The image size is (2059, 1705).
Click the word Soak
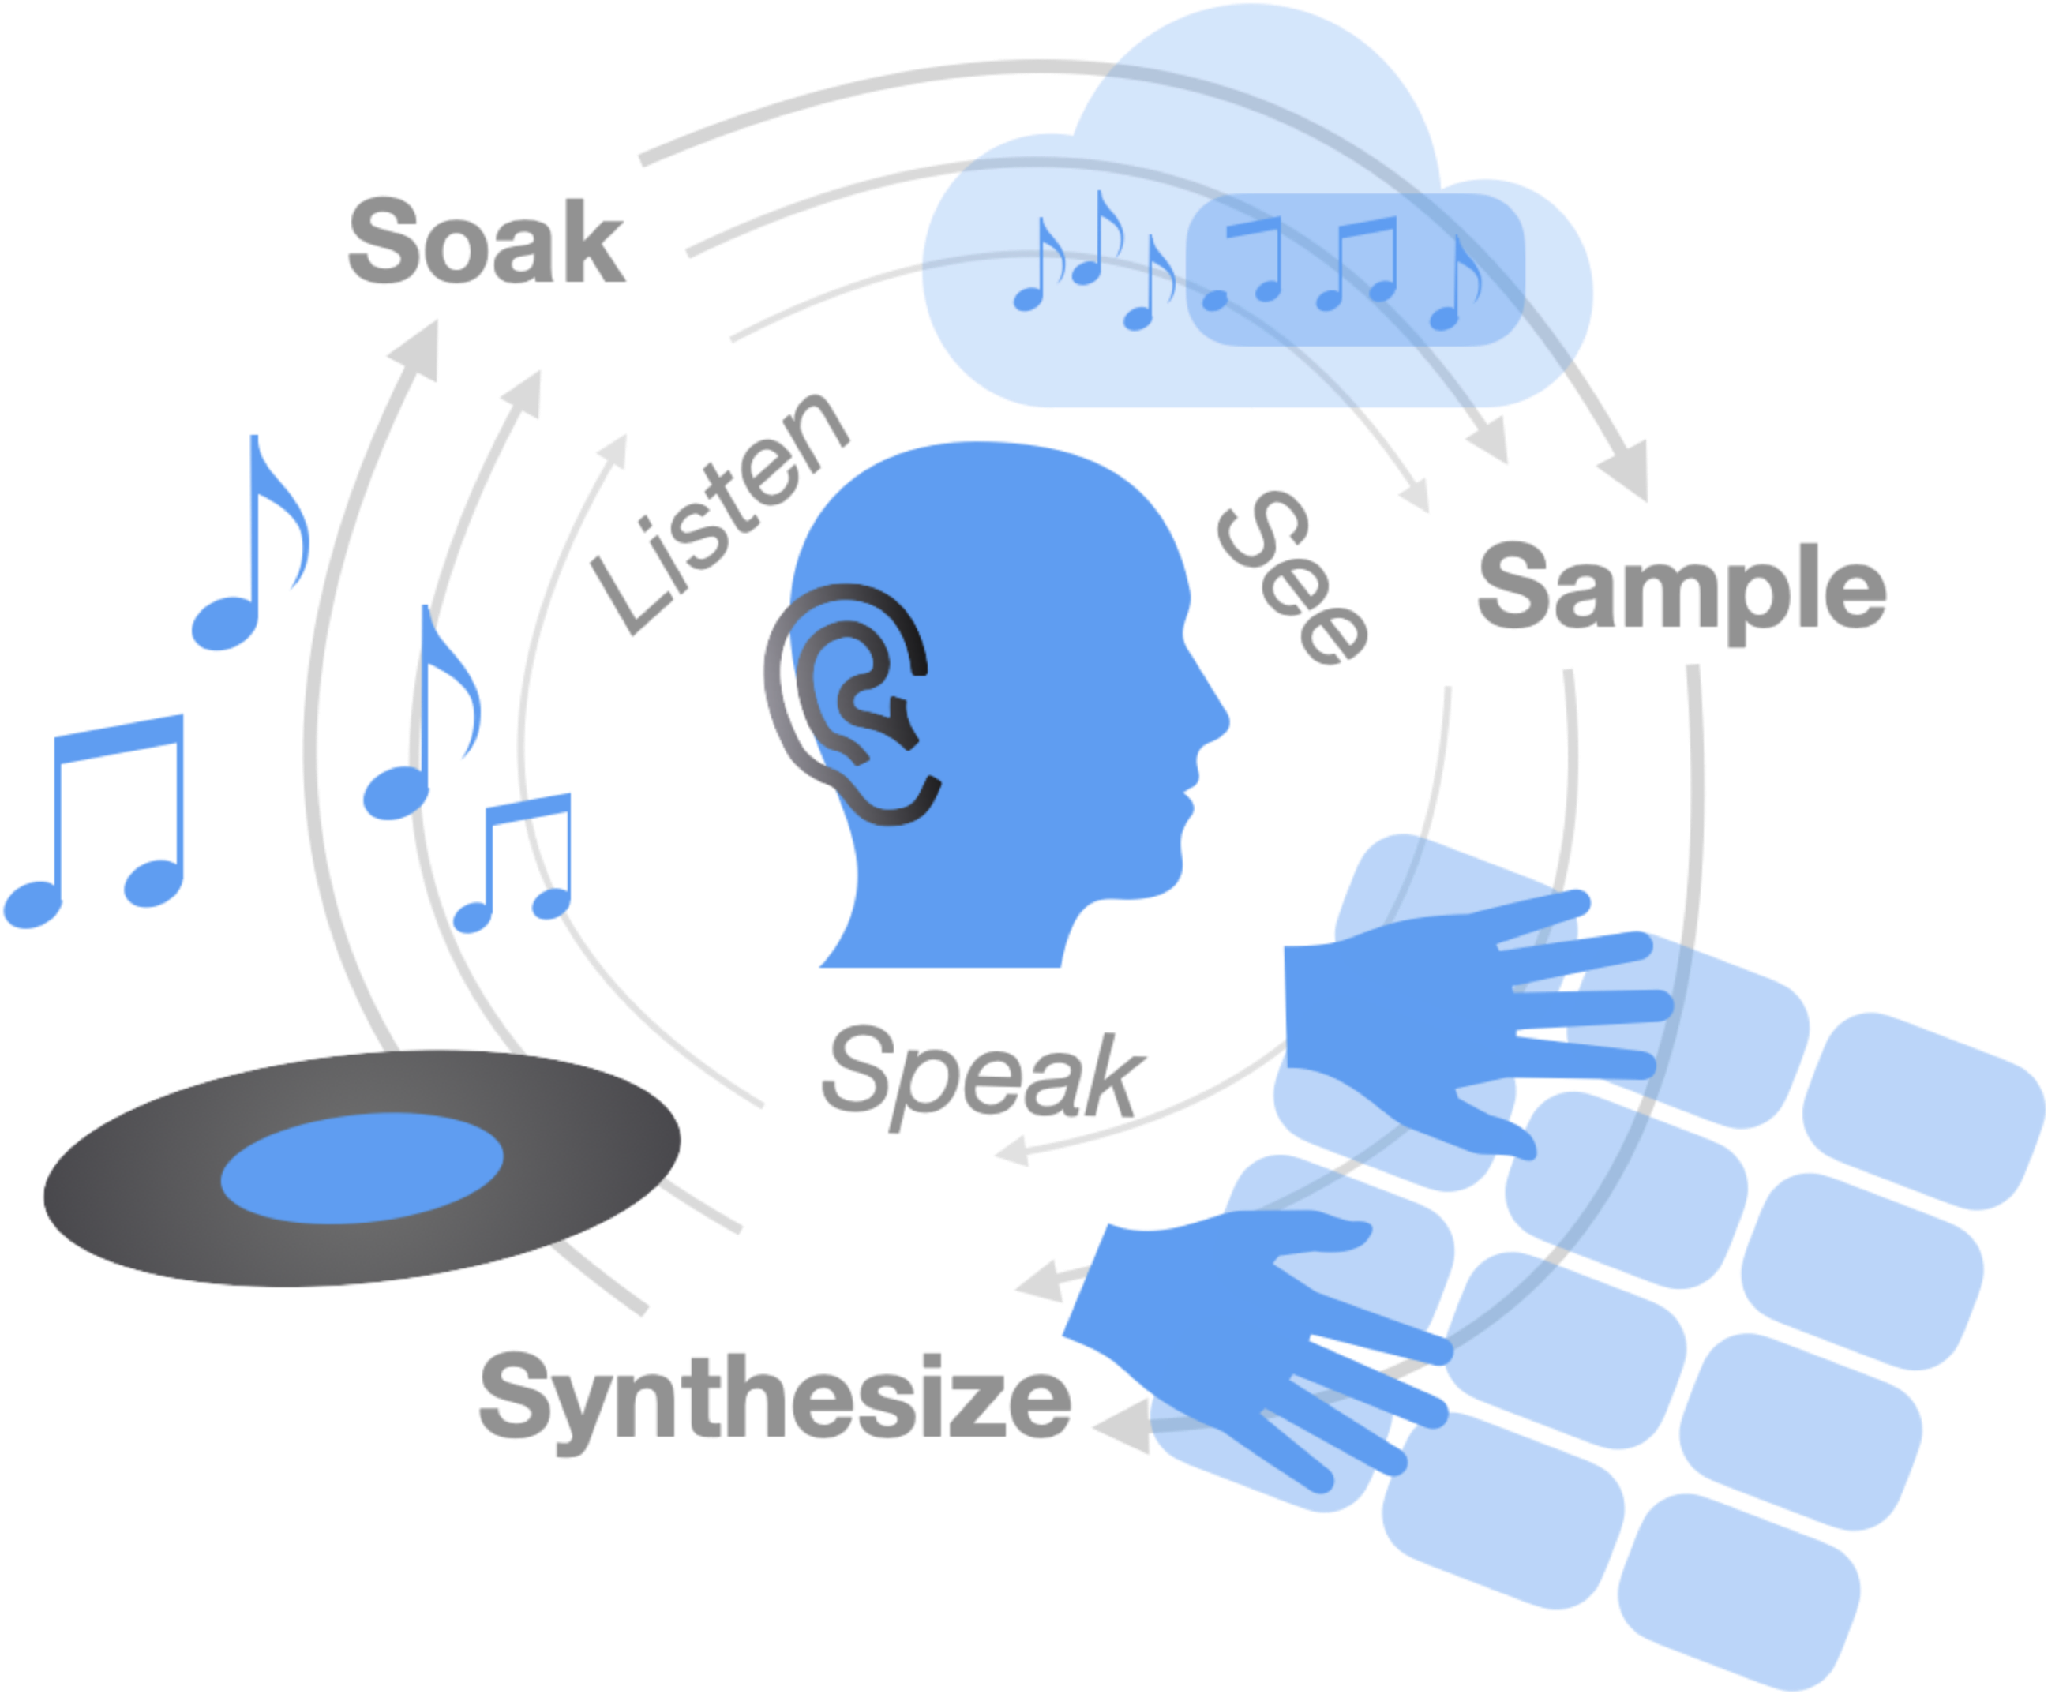pyautogui.click(x=486, y=242)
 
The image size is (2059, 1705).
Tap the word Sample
pyautogui.click(x=1681, y=588)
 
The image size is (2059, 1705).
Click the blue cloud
pyautogui.click(x=1255, y=264)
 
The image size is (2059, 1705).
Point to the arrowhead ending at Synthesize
pyautogui.click(x=1118, y=1426)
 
